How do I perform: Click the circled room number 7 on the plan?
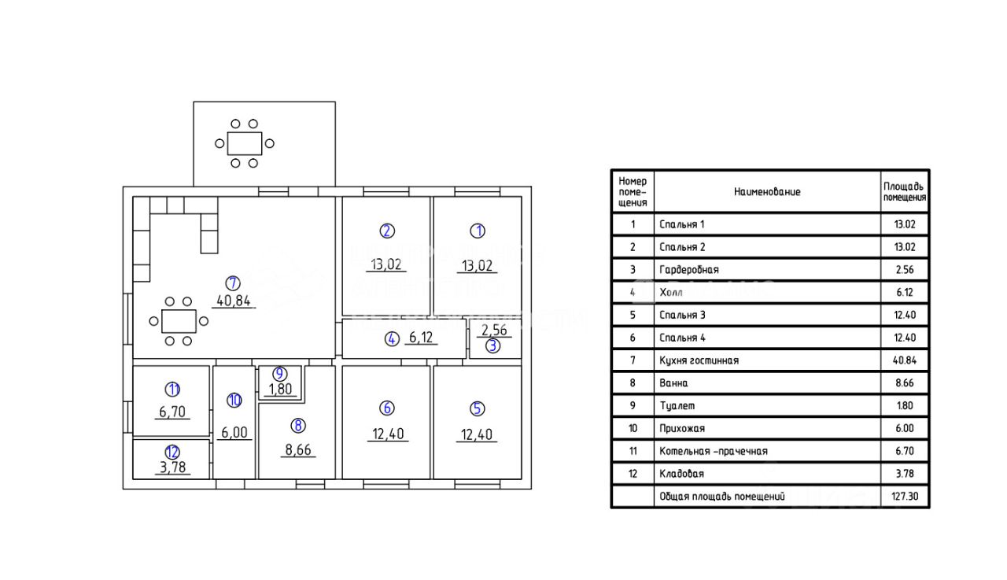click(x=233, y=283)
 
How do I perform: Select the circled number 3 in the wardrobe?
click(x=492, y=345)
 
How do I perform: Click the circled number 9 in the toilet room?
click(x=280, y=374)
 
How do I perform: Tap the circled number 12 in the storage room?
click(x=172, y=452)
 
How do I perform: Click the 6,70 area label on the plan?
click(x=172, y=411)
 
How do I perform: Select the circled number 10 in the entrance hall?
click(x=234, y=401)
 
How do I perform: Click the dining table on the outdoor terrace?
click(x=245, y=143)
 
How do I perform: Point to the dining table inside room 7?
click(x=179, y=321)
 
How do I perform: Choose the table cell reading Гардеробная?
click(x=688, y=270)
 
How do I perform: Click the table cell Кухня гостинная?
click(x=699, y=360)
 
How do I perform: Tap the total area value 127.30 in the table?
click(x=904, y=497)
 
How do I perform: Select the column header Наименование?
click(x=767, y=191)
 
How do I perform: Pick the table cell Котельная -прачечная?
click(x=713, y=451)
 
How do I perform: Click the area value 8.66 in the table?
click(x=904, y=383)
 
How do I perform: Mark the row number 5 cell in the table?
click(x=633, y=315)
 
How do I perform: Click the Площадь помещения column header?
click(x=904, y=191)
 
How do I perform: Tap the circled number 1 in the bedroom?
click(x=478, y=231)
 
